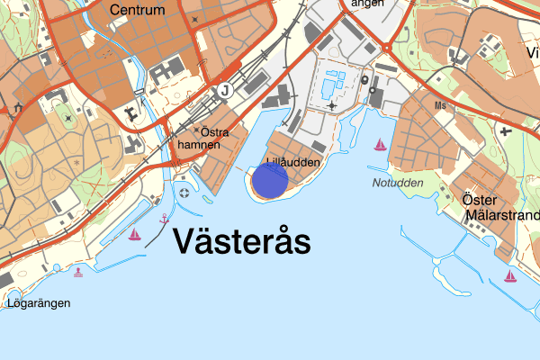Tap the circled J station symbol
point(223,91)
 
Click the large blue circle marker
point(269,180)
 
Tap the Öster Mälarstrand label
point(499,207)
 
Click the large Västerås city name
point(239,241)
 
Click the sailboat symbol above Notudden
point(381,144)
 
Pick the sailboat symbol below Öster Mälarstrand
point(510,275)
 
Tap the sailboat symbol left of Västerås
point(135,235)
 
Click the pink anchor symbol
point(164,219)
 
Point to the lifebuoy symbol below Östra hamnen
point(184,192)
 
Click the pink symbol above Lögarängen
point(78,272)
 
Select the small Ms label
point(440,105)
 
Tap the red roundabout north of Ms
point(387,48)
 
